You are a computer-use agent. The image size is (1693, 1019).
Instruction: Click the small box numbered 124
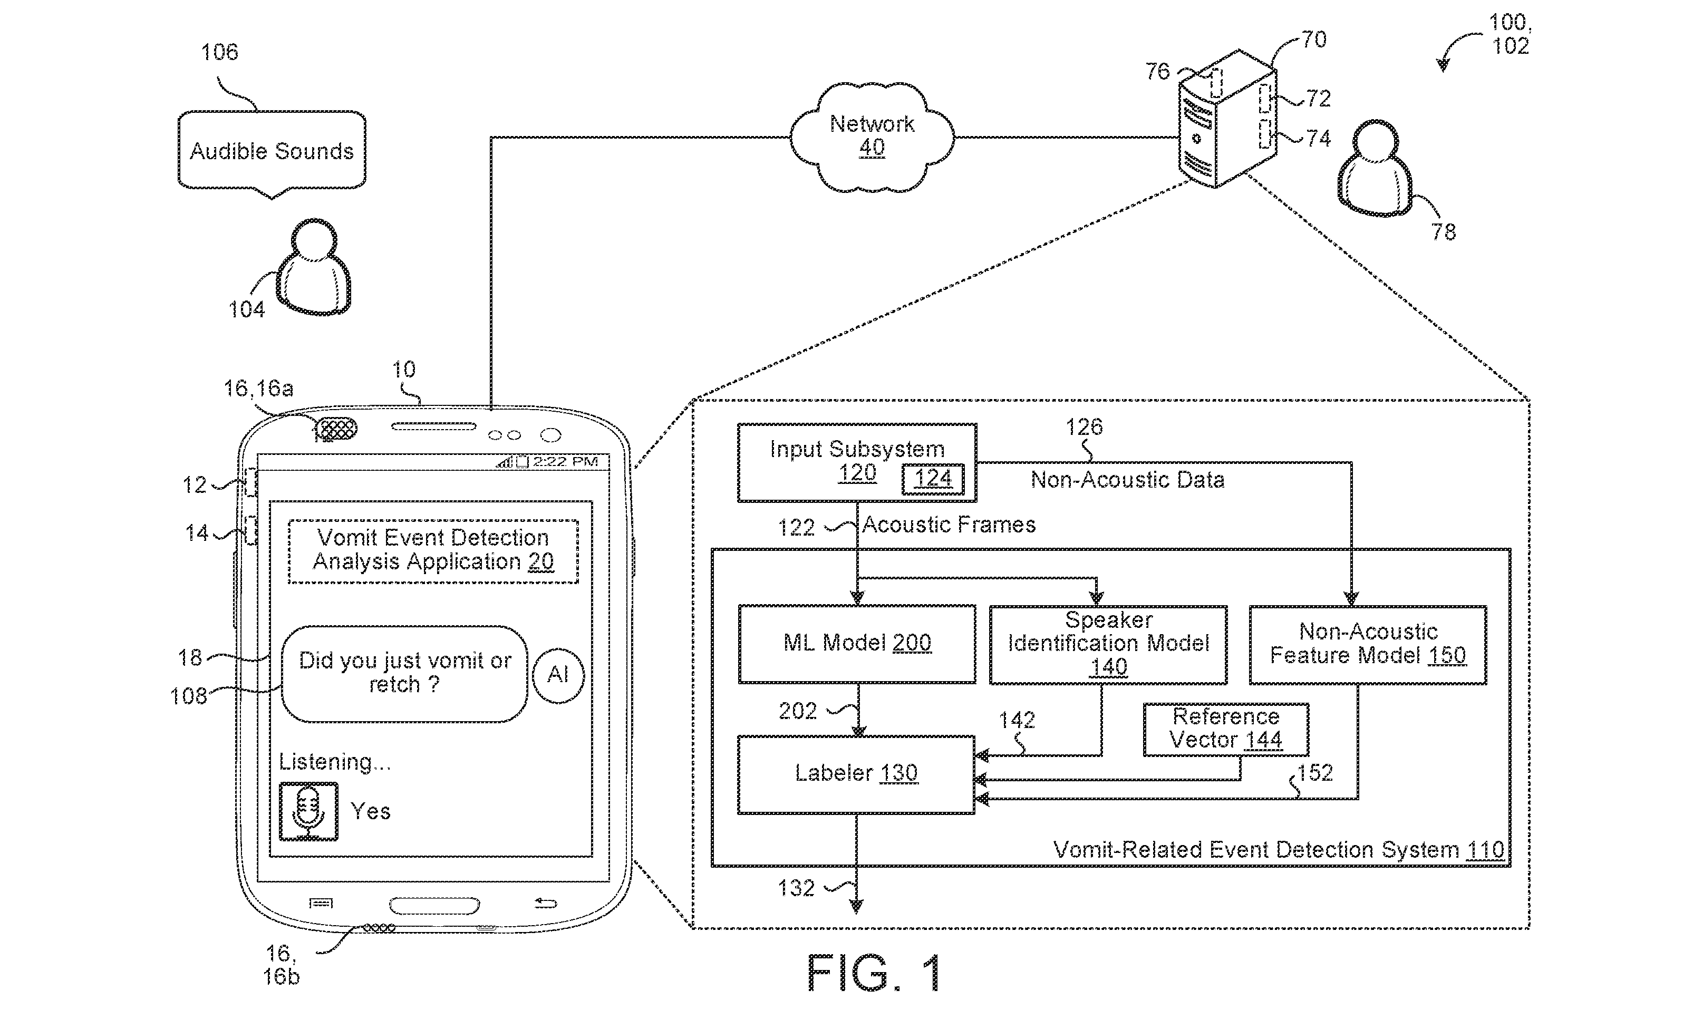tap(933, 479)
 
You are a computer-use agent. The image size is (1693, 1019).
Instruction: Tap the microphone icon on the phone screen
tap(308, 811)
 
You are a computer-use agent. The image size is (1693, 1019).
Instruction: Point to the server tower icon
tap(1227, 118)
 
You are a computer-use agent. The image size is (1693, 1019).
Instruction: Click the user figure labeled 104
tap(314, 267)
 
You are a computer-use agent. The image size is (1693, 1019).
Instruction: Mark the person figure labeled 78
tap(1376, 168)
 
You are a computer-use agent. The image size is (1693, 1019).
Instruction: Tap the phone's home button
tap(434, 905)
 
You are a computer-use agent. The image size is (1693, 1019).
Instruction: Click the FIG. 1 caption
tap(874, 972)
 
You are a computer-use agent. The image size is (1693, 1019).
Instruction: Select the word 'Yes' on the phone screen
tap(370, 812)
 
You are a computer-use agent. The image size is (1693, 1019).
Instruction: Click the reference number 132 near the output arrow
tap(796, 889)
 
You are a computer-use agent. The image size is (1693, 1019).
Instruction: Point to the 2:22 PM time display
tap(565, 461)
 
